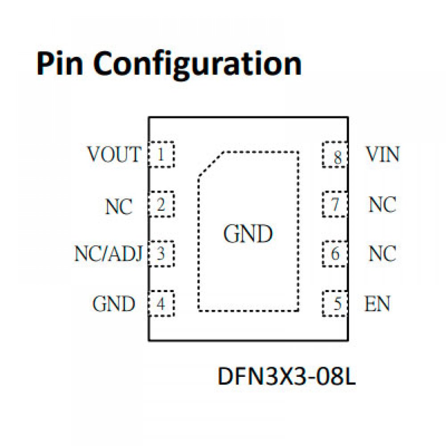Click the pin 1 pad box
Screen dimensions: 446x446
(161, 155)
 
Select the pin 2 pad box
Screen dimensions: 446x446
(161, 205)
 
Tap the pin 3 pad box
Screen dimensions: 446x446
(161, 254)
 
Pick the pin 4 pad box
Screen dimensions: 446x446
(161, 304)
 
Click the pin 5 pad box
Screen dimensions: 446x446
(334, 304)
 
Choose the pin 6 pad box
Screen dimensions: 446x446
(334, 254)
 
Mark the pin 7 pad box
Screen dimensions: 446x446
(334, 205)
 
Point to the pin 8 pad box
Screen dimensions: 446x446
(334, 155)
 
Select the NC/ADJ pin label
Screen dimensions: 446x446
(108, 254)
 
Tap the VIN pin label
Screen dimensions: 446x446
(383, 154)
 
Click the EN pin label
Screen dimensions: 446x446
(377, 304)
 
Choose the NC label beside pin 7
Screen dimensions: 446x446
(382, 205)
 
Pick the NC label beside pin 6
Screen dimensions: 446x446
(382, 254)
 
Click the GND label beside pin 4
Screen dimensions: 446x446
(114, 304)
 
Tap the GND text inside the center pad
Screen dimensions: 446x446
(248, 234)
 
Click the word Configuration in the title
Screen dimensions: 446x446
(198, 64)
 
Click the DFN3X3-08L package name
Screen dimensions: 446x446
(286, 377)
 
